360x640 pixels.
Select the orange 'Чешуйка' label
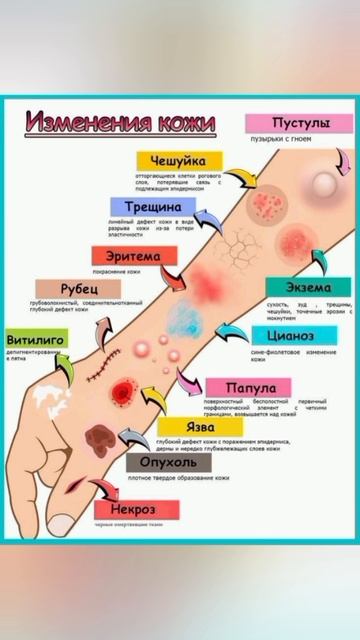(177, 161)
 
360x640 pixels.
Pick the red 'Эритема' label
(127, 257)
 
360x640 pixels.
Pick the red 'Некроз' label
(124, 509)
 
